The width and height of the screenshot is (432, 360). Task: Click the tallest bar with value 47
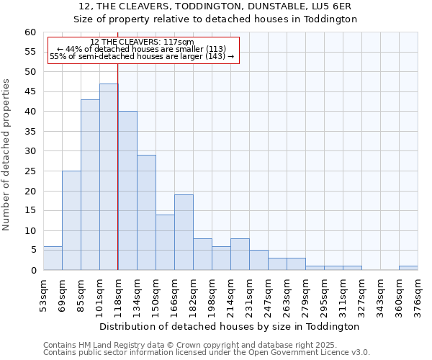tap(109, 176)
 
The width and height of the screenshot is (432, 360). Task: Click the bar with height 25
tap(71, 220)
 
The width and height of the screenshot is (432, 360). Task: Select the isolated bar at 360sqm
tap(408, 268)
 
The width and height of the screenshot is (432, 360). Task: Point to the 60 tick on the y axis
tap(30, 32)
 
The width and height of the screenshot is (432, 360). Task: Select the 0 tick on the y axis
tap(32, 270)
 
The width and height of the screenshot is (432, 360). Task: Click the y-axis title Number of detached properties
tap(7, 155)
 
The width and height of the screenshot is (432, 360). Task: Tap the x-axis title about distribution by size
tap(229, 326)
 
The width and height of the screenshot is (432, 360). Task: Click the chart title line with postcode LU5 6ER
tap(215, 6)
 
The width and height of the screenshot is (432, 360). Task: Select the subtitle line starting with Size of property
tap(215, 19)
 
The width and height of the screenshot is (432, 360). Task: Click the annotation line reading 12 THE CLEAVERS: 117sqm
tap(142, 42)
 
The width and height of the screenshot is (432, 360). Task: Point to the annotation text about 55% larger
tap(142, 56)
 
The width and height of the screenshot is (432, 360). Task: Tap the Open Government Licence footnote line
tap(207, 353)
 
